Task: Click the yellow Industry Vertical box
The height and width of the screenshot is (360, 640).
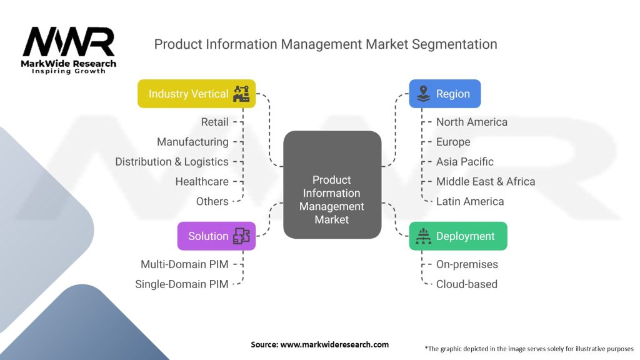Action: tap(196, 94)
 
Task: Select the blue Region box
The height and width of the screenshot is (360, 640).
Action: tap(444, 94)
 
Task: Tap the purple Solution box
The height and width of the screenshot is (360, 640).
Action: tap(216, 236)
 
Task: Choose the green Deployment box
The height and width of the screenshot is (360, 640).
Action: tap(457, 236)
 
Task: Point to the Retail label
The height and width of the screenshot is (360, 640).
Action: tap(214, 122)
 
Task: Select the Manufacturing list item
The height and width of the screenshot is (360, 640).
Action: tap(192, 142)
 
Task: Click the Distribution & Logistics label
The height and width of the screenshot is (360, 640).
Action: tap(172, 161)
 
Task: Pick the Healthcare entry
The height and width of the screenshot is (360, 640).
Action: tap(202, 181)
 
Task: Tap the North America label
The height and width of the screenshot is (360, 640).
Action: tap(471, 122)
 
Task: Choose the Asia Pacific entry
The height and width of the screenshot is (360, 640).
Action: tap(464, 161)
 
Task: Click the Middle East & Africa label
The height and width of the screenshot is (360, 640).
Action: tap(485, 181)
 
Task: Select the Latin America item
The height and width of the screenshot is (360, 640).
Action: tap(469, 201)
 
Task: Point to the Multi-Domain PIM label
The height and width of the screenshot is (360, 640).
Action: tap(184, 264)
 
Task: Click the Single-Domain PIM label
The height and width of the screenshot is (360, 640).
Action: tap(182, 284)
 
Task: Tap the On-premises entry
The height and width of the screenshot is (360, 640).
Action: tap(467, 264)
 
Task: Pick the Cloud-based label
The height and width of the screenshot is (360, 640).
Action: tap(466, 284)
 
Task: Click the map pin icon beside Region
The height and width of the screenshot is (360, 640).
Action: tap(423, 94)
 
